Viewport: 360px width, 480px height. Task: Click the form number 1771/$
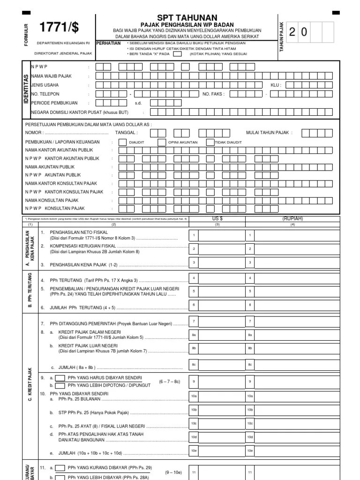[x=59, y=28]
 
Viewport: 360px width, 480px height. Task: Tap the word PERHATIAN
[x=108, y=43]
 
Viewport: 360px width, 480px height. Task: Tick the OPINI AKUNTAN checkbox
[x=161, y=142]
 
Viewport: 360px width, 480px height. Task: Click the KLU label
[x=276, y=85]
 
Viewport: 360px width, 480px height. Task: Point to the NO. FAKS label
[x=213, y=94]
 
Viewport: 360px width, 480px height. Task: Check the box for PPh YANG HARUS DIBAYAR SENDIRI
[x=60, y=378]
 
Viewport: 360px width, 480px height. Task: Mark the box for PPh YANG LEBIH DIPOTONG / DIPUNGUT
[x=60, y=386]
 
